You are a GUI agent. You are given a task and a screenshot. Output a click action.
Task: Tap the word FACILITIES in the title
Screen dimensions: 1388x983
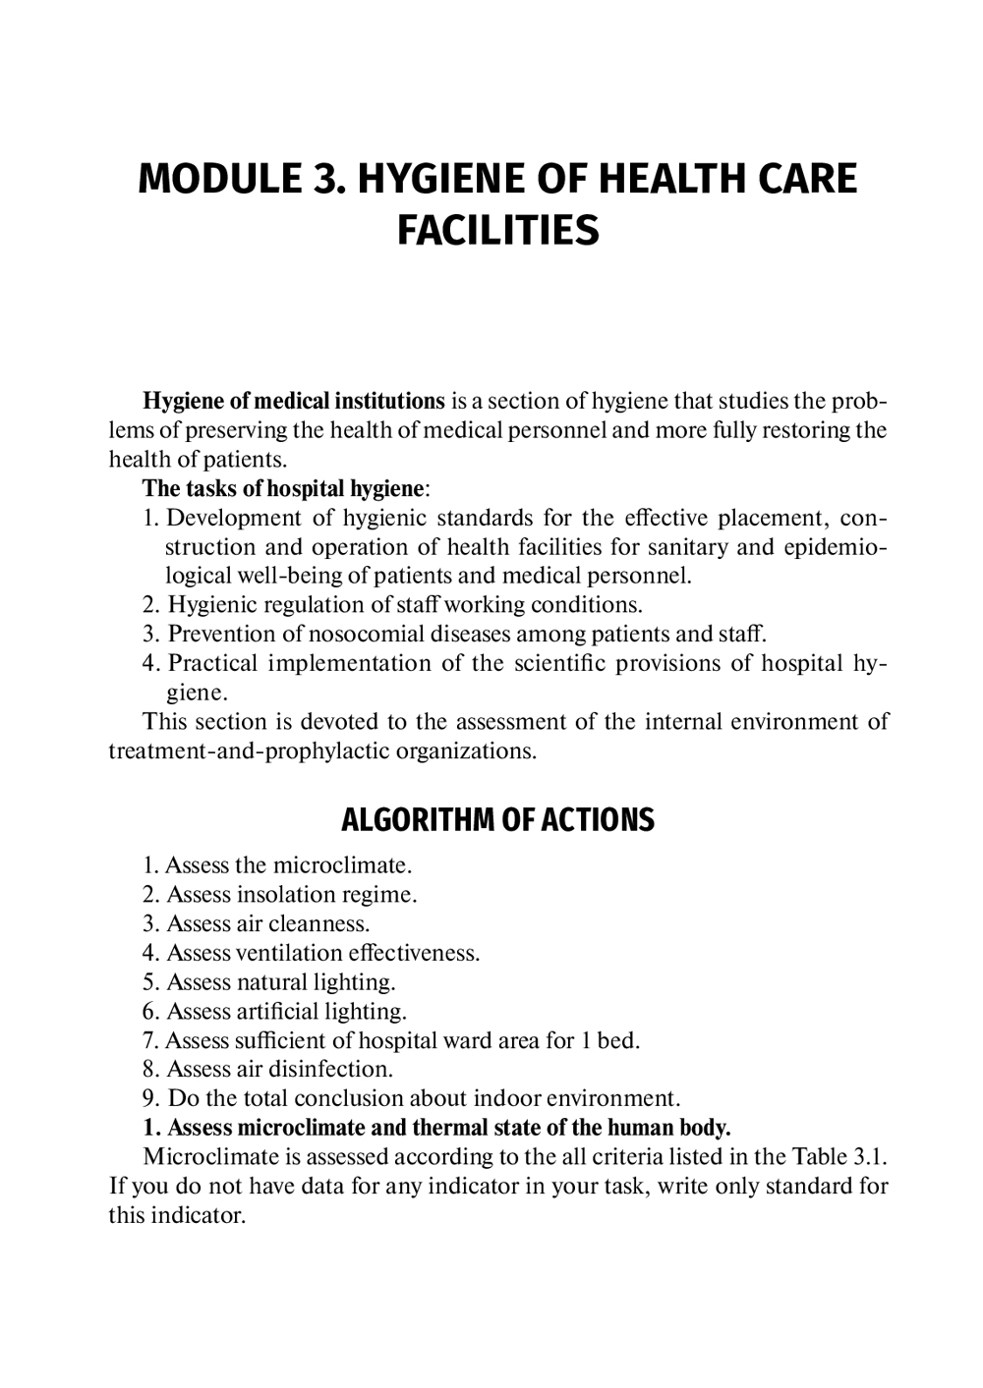pos(497,231)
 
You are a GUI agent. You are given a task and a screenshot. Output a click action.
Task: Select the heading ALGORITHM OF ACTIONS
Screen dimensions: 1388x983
pos(497,820)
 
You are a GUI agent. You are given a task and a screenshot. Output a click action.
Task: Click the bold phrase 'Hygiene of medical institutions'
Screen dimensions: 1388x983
pos(294,401)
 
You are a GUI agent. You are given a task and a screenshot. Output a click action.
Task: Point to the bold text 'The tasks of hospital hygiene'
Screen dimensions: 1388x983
pos(284,488)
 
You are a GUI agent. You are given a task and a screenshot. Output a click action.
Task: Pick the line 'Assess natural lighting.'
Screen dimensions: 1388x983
pos(280,981)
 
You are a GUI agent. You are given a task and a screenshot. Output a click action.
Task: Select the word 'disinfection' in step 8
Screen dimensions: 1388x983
pos(328,1069)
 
